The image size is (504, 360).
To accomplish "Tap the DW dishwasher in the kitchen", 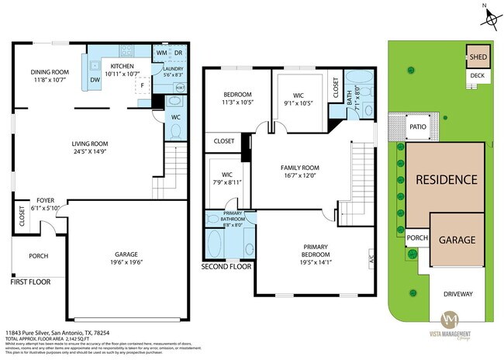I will coord(95,80).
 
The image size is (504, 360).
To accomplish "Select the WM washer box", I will coord(161,53).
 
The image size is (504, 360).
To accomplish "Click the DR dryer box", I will coord(178,53).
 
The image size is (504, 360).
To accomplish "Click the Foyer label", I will coord(45,205).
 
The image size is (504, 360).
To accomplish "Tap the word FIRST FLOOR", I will coord(30,282).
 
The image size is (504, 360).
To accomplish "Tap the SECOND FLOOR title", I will coord(226,267).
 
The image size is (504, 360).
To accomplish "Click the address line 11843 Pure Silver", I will coord(58,332).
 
